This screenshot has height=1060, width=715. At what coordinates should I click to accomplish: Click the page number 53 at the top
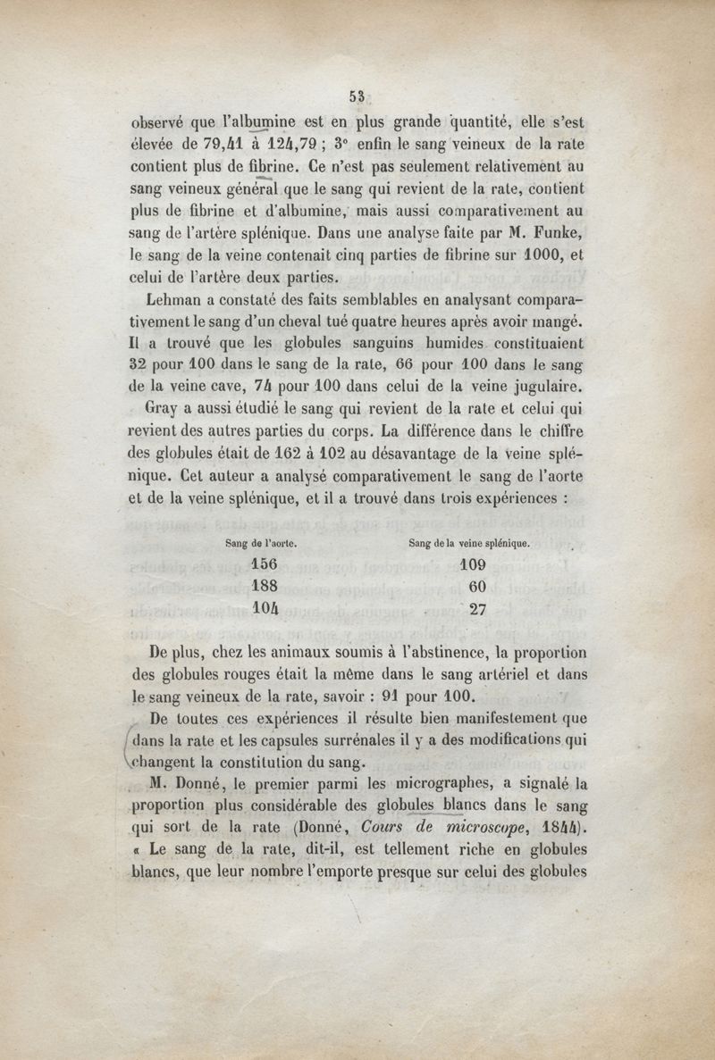tap(359, 97)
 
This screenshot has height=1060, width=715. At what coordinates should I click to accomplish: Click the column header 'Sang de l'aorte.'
tap(261, 542)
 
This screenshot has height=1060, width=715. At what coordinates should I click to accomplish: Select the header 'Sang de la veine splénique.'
tap(469, 542)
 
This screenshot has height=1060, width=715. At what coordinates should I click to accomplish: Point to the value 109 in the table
tap(472, 564)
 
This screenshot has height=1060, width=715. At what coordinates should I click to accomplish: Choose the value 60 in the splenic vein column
tap(475, 587)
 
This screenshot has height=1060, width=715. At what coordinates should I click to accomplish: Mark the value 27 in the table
tap(475, 610)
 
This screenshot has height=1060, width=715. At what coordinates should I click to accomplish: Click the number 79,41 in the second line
tap(219, 144)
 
